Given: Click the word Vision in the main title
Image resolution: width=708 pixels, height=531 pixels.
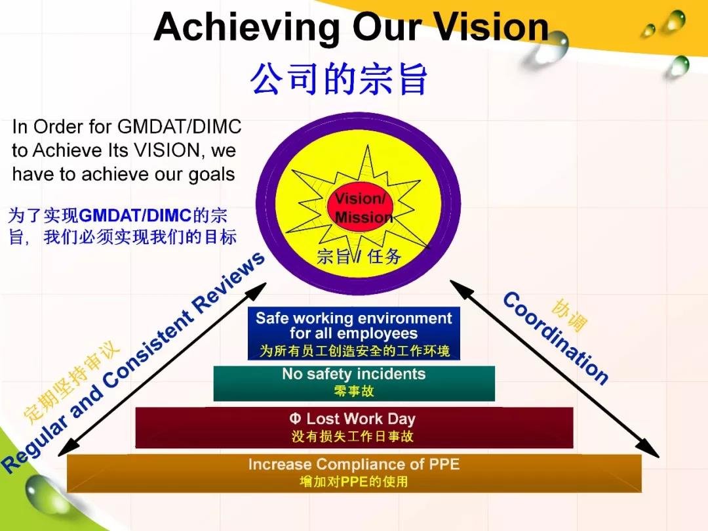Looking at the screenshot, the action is (x=491, y=27).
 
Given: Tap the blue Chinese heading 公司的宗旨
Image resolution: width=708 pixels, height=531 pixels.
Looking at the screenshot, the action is (x=338, y=79).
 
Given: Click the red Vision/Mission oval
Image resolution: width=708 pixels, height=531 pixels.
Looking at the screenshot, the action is (x=360, y=207).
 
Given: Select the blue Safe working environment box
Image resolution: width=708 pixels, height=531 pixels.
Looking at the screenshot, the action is (x=353, y=333).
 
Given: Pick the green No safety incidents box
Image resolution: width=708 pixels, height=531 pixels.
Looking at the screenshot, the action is (x=354, y=383).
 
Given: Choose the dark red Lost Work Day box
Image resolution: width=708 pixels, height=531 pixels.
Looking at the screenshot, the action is (x=354, y=427).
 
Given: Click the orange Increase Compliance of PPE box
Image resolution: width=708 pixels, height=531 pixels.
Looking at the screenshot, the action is (x=354, y=473).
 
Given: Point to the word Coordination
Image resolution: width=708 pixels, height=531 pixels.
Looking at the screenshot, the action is (x=555, y=337).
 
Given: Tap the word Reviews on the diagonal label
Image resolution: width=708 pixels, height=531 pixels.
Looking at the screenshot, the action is (x=229, y=281).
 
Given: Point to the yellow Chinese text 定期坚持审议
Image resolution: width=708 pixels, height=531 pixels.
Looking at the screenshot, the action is (x=71, y=381).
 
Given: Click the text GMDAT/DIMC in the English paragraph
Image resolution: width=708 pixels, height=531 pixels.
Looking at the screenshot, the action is (x=179, y=127).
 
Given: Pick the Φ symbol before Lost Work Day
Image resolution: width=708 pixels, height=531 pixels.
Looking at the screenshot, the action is (x=295, y=419).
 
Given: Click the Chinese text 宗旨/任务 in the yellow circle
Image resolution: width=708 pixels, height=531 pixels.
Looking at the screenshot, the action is (x=359, y=256).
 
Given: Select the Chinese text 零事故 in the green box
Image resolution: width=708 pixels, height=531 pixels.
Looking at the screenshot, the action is (x=354, y=391).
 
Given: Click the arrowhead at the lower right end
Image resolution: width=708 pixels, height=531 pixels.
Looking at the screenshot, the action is (x=651, y=449).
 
